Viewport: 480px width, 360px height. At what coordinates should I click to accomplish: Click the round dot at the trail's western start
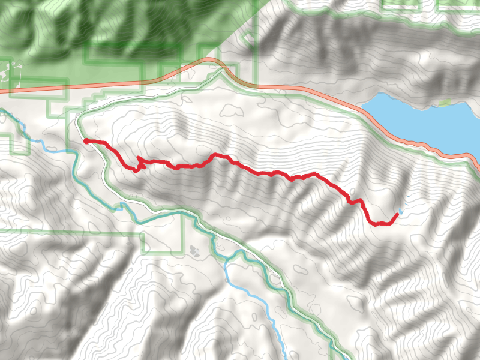click(86, 141)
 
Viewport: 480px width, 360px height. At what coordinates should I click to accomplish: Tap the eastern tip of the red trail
click(397, 214)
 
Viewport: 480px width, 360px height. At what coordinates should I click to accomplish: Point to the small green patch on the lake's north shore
click(444, 103)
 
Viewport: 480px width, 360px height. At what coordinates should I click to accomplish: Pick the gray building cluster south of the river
click(194, 249)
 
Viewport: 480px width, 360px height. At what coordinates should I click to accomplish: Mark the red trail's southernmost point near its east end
click(377, 225)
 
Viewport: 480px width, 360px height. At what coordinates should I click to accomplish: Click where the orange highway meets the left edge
click(2, 91)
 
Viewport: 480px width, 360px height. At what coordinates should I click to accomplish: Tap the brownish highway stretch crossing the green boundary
click(237, 78)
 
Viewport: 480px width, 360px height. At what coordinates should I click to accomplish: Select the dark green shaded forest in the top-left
click(120, 24)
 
